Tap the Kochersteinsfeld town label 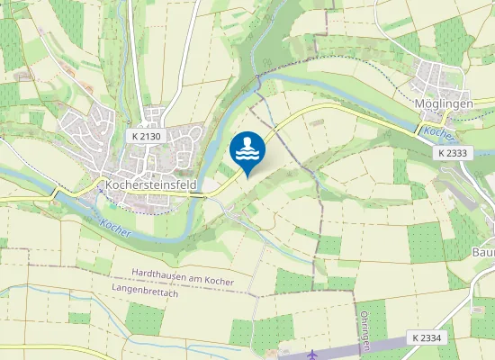(151, 183)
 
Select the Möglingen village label (444, 103)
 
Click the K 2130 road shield (145, 136)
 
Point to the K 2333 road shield (454, 153)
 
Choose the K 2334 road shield (426, 337)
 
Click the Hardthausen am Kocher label (183, 273)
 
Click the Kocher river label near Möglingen (437, 134)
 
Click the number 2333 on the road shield (458, 153)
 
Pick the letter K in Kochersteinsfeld (110, 183)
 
